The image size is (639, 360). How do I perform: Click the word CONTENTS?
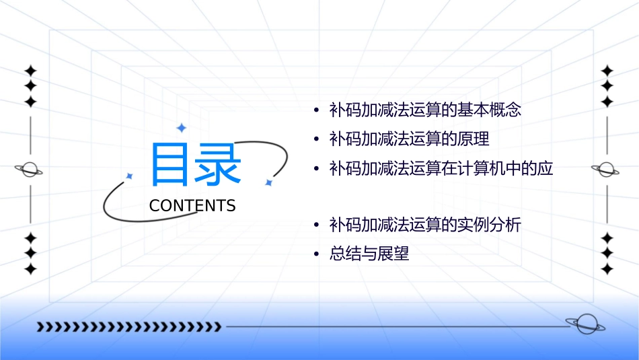point(192,206)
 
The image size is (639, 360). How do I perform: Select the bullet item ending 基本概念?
point(425,110)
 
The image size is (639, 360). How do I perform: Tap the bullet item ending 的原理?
point(409,139)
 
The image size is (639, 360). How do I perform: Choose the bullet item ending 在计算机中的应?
point(441,169)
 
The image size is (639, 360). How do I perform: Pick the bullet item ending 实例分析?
point(425,225)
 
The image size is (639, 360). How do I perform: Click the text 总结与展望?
point(369,254)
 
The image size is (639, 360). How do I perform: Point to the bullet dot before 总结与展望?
point(316,255)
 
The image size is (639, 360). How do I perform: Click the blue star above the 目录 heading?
point(180,127)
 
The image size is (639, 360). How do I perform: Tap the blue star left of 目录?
point(130,176)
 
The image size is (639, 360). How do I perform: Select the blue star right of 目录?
point(268,182)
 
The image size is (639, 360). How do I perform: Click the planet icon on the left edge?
point(30,170)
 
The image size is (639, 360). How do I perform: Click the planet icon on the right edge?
point(607,170)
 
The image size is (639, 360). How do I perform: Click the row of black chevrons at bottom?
point(128,327)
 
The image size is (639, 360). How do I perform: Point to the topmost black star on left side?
point(30,71)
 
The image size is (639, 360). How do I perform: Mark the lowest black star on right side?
point(607,269)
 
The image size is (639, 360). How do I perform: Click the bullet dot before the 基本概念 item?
point(316,110)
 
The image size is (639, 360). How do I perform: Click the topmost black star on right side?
point(607,71)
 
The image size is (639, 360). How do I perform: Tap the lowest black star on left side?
point(30,269)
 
